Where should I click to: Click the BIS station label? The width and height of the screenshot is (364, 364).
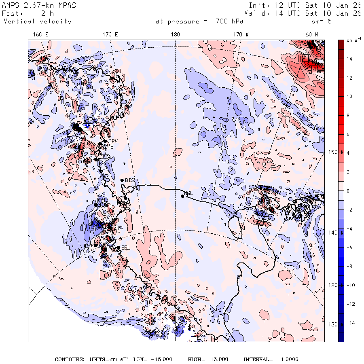click(129, 180)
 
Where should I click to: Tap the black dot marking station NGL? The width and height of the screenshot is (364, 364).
click(182, 196)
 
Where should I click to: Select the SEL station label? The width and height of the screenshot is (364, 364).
click(125, 248)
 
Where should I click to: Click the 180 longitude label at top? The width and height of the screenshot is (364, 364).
click(175, 35)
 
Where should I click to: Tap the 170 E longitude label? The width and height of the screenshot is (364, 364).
click(110, 35)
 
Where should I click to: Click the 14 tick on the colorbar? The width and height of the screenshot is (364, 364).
click(349, 59)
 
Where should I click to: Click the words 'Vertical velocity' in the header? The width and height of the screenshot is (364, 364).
click(38, 21)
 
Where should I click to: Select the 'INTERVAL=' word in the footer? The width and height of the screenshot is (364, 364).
click(258, 360)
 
